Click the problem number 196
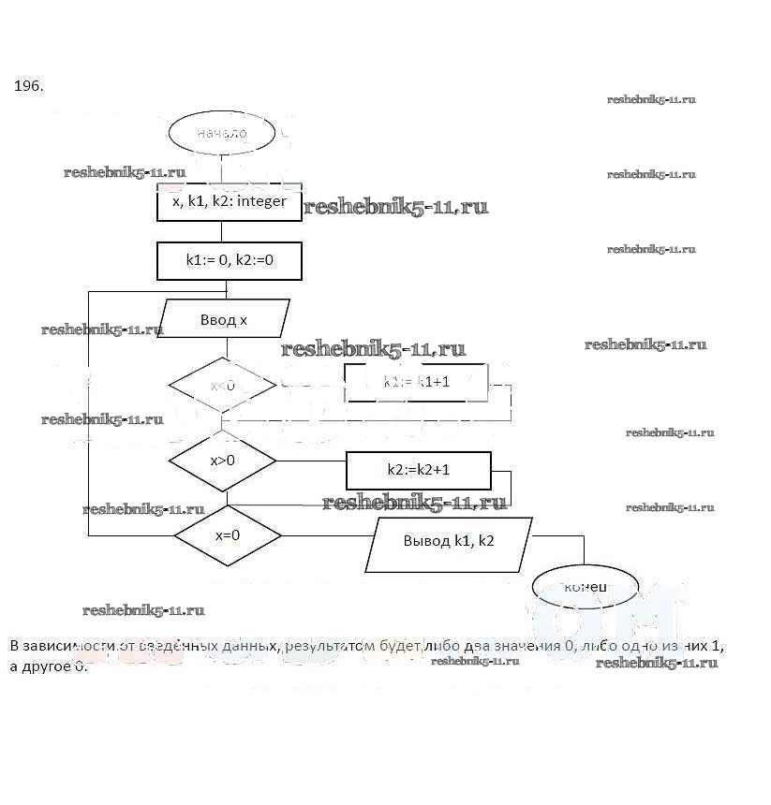click(x=28, y=86)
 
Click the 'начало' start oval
click(x=222, y=134)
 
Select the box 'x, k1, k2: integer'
click(x=230, y=201)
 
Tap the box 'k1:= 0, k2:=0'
click(x=230, y=260)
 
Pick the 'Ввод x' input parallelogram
click(x=224, y=319)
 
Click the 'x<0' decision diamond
click(x=222, y=385)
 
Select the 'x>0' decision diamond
click(x=222, y=461)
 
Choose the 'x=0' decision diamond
click(x=228, y=535)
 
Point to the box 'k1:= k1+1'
click(x=417, y=382)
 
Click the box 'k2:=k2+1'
click(x=419, y=470)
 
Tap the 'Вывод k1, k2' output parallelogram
click(x=449, y=541)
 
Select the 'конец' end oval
click(x=586, y=587)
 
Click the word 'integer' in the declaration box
click(x=262, y=201)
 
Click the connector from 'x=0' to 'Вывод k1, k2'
click(x=328, y=535)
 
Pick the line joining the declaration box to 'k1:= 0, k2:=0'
click(x=223, y=231)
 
